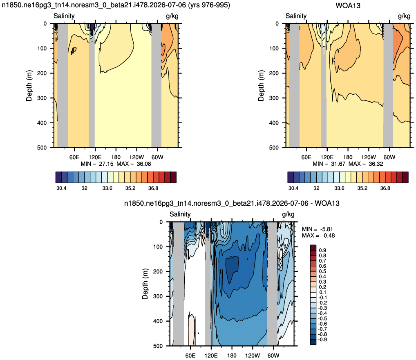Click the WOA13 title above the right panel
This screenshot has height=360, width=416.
tap(348, 6)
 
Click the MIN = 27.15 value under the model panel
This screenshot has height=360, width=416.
tap(97, 164)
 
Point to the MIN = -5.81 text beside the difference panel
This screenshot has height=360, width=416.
tap(317, 229)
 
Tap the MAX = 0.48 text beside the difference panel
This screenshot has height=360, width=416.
tap(318, 236)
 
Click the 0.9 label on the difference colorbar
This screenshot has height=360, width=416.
tap(322, 250)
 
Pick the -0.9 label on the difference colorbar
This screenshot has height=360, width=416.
tap(322, 340)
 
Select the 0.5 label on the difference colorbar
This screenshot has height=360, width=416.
tap(322, 271)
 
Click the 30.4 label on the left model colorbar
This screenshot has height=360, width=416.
tap(61, 188)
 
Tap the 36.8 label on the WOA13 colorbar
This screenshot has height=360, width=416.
tap(385, 188)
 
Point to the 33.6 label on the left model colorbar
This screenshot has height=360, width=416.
tap(107, 188)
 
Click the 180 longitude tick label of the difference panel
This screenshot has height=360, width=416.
tap(232, 356)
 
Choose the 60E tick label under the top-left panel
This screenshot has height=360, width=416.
tap(74, 157)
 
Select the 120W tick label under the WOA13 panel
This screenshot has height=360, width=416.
tap(369, 157)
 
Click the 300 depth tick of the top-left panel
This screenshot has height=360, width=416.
tap(42, 98)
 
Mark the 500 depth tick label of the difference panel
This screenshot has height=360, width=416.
tap(158, 346)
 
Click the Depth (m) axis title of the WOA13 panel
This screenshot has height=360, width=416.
tap(261, 86)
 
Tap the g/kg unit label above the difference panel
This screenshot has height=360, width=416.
tap(288, 214)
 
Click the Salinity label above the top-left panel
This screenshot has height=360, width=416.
tap(64, 16)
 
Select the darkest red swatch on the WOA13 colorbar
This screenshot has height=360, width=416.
tap(405, 178)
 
